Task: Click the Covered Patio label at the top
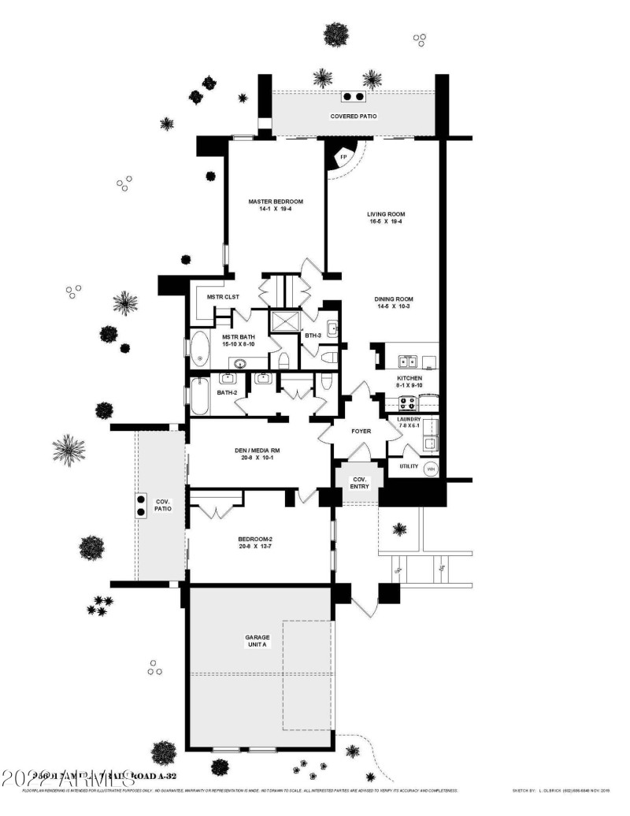pos(354,116)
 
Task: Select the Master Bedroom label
pos(276,202)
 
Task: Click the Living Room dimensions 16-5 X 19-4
pos(385,222)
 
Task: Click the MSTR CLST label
pos(223,297)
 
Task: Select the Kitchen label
pos(409,378)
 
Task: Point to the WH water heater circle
pos(431,468)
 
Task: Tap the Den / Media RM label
pos(258,451)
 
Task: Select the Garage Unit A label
pos(258,640)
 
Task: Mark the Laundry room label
pos(409,419)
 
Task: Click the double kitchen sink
pos(407,362)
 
